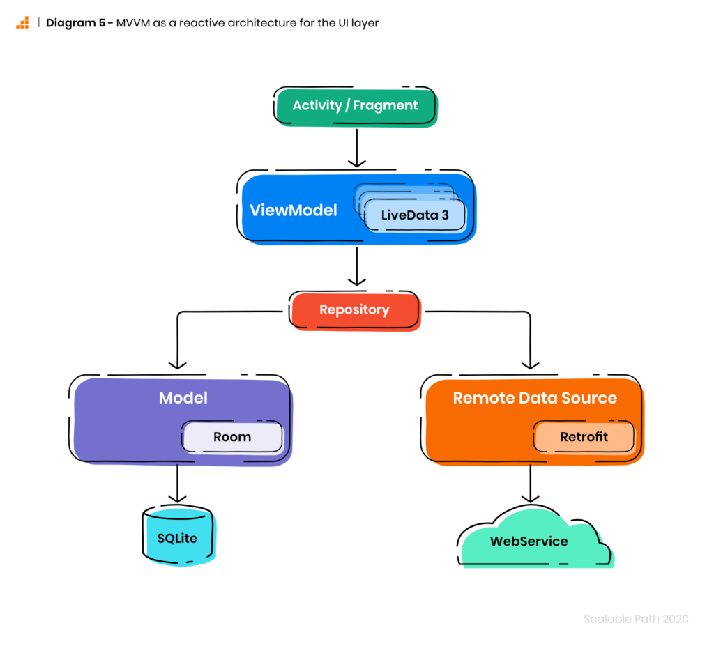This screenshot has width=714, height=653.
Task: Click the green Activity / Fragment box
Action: click(356, 107)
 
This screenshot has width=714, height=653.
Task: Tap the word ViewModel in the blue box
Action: click(294, 210)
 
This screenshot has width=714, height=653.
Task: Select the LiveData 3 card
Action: click(415, 215)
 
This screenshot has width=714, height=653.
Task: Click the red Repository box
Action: click(355, 311)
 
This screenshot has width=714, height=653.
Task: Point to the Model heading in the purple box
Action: click(183, 398)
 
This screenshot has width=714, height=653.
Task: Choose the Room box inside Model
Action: click(232, 437)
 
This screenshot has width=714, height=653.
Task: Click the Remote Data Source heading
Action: click(535, 398)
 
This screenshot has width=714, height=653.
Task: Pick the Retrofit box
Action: click(584, 437)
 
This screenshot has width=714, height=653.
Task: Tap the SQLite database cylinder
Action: click(179, 536)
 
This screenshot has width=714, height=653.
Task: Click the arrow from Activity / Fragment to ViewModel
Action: click(356, 148)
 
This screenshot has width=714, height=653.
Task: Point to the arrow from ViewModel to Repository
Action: click(356, 266)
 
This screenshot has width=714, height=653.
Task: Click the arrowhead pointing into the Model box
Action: click(177, 365)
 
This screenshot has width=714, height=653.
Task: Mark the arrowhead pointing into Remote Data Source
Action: click(530, 365)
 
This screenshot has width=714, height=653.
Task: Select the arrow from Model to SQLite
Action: click(177, 484)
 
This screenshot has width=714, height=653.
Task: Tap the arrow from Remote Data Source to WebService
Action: click(530, 484)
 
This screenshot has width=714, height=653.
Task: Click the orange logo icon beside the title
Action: click(22, 23)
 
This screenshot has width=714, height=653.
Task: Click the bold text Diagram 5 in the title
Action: click(75, 23)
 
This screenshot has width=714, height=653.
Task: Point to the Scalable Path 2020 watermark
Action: click(636, 619)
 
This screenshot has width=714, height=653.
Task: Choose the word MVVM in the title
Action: click(133, 23)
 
